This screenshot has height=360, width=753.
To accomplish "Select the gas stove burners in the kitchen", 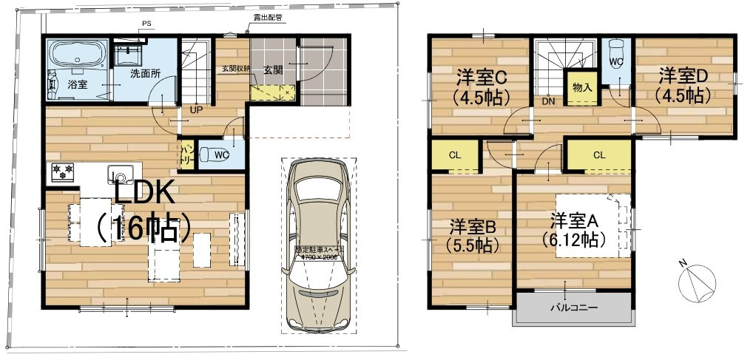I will pos(62,171).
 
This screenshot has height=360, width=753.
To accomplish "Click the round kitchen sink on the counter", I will pos(118,174).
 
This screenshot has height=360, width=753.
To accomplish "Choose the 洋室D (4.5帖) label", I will pos(684,84).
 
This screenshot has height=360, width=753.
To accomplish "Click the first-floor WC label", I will pos(220,156).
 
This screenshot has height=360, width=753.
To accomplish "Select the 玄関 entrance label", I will pos(273,70).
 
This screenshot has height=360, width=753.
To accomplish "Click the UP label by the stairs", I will pos(197,109).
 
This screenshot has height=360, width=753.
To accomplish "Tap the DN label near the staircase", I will pos(548,101).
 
